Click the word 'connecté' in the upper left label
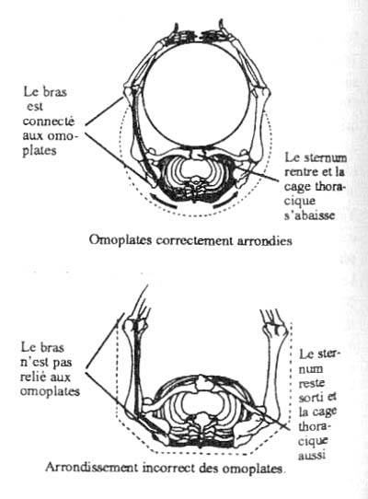click(49, 122)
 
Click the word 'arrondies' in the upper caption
click(265, 240)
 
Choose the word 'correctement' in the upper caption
click(194, 240)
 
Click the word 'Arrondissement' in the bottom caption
click(92, 467)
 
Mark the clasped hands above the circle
click(197, 33)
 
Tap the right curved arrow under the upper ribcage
click(224, 201)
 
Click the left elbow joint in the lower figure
click(136, 327)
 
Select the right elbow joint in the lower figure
click(274, 330)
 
